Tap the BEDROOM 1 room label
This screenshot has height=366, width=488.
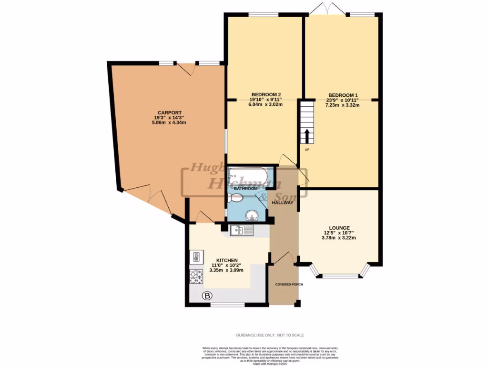(342, 94)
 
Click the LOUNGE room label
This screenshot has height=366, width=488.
(339, 228)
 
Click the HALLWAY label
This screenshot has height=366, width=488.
(282, 203)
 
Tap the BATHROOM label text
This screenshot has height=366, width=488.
(246, 189)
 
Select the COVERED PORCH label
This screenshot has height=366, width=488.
(289, 285)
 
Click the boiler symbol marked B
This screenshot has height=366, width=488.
(207, 296)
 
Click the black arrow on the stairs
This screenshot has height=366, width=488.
(307, 135)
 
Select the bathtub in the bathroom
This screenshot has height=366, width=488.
(247, 177)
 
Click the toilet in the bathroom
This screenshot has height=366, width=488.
(235, 197)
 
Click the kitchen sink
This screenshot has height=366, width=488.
(242, 231)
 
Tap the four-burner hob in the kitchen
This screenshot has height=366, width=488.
(196, 276)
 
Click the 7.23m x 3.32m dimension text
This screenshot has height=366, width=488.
(342, 105)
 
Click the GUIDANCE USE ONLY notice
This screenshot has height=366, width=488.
(270, 335)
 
